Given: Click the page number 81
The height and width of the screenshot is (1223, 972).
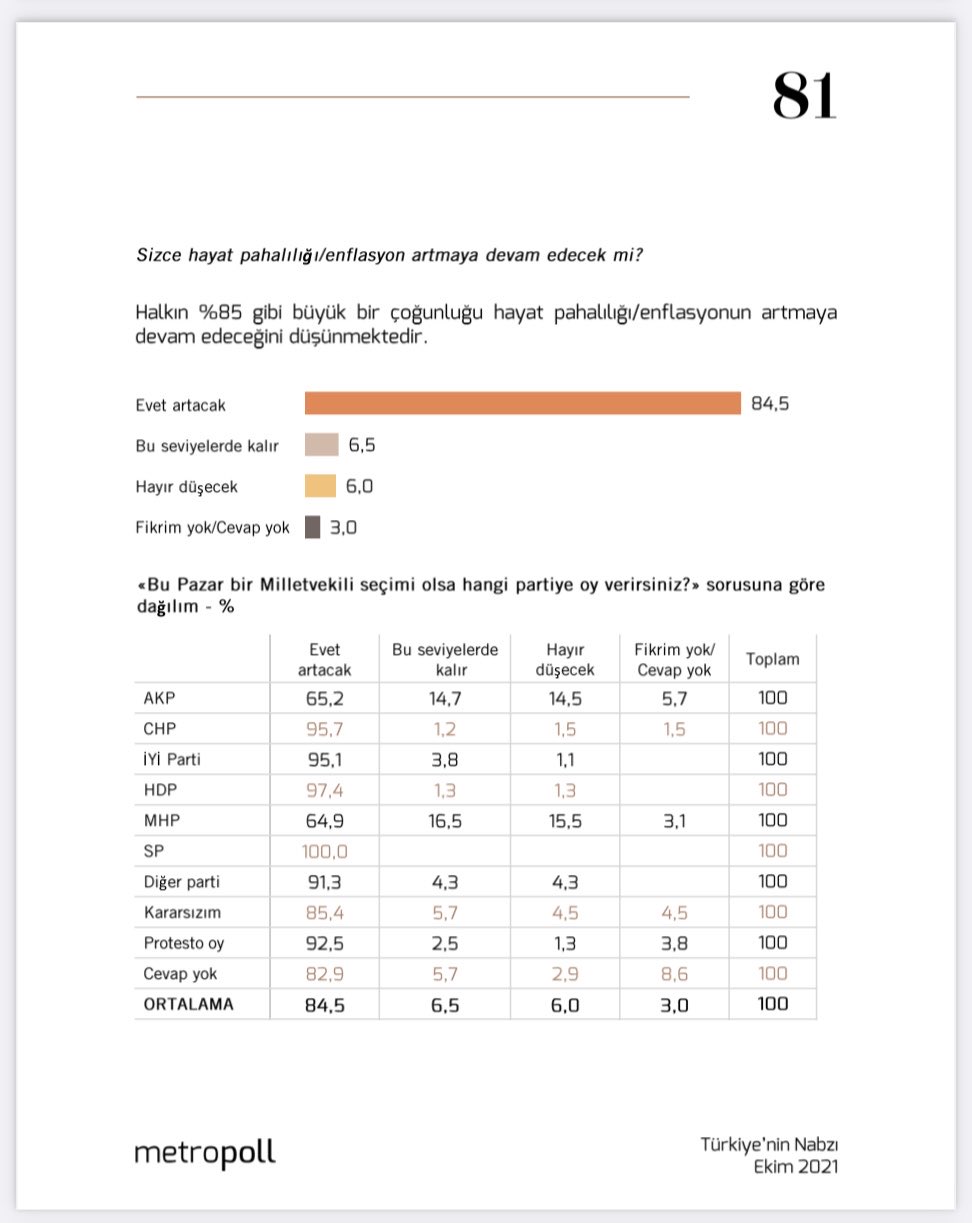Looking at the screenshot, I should (804, 97).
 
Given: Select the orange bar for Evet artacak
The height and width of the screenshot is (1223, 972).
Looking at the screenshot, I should (522, 403).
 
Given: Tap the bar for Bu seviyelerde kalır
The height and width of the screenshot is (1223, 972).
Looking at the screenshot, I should (322, 444).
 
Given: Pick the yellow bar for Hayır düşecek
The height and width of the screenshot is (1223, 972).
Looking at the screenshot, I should (321, 486).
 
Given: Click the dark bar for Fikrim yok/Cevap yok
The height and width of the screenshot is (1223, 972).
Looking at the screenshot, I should (313, 527).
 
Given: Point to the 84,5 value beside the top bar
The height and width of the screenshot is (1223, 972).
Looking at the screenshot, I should (770, 404).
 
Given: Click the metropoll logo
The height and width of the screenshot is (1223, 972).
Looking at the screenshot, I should (205, 1153).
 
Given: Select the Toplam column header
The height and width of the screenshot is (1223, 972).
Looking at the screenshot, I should (772, 659).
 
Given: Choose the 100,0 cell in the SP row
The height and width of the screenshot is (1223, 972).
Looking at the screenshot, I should (325, 851).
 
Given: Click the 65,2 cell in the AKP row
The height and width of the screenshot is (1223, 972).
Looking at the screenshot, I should (325, 698).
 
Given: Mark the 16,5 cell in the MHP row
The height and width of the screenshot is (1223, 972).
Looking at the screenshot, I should (444, 820).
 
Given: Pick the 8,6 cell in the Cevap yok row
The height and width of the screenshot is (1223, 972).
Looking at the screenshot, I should (673, 973).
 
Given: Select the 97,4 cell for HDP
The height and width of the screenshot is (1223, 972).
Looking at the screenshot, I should (325, 790).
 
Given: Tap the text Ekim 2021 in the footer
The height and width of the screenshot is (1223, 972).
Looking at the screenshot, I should (796, 1167).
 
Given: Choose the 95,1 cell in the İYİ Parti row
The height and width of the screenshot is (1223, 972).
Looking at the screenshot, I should (325, 759).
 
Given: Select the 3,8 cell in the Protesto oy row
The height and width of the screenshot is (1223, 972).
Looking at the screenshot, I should (673, 943).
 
